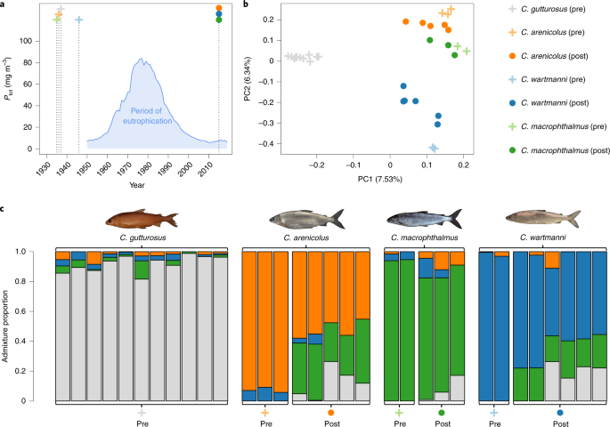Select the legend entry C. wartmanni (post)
550,103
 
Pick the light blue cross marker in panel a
79,20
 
